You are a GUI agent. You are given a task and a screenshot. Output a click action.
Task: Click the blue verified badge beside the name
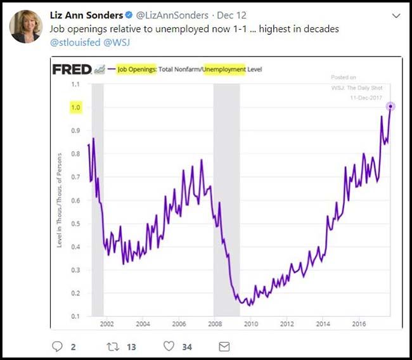click(129, 15)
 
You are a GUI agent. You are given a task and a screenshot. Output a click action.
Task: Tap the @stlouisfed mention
click(72, 42)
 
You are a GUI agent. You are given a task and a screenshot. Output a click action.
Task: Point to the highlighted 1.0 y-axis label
click(76, 108)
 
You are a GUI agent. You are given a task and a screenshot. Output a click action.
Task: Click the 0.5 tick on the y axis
click(76, 224)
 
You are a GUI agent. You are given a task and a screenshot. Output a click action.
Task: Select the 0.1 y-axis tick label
click(76, 316)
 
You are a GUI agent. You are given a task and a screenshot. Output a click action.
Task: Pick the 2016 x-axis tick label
click(358, 324)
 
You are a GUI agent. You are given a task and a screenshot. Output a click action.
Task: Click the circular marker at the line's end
click(390, 106)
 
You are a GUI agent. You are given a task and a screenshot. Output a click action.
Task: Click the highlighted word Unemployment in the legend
click(224, 69)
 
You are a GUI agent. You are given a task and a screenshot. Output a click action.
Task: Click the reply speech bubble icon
click(58, 346)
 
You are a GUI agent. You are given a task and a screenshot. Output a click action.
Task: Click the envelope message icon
click(224, 346)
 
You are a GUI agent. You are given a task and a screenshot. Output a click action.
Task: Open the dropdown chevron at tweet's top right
click(396, 15)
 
